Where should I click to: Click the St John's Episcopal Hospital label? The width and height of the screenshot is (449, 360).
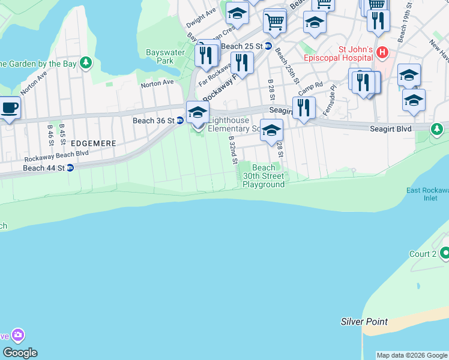pyautogui.click(x=357, y=55)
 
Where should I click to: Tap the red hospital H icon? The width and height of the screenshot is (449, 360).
pyautogui.click(x=382, y=55)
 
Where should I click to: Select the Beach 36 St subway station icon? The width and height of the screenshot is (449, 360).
pyautogui.click(x=179, y=121)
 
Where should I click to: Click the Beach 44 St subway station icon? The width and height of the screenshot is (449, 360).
pyautogui.click(x=70, y=168)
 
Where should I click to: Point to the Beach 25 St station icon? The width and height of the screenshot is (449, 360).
pyautogui.click(x=268, y=46)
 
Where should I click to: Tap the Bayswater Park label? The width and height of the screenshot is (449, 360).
pyautogui.click(x=160, y=56)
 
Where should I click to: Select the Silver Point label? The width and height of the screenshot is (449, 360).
pyautogui.click(x=364, y=322)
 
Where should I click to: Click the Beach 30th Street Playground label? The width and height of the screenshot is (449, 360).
pyautogui.click(x=264, y=176)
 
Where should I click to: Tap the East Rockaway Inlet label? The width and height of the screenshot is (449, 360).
pyautogui.click(x=427, y=194)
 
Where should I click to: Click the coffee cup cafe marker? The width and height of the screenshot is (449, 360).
pyautogui.click(x=9, y=108)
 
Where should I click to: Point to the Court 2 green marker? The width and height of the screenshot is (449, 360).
pyautogui.click(x=445, y=254)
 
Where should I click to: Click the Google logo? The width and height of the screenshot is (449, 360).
pyautogui.click(x=20, y=353)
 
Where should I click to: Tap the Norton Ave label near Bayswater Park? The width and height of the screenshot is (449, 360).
pyautogui.click(x=157, y=83)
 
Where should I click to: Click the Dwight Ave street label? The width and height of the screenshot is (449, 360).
pyautogui.click(x=201, y=18)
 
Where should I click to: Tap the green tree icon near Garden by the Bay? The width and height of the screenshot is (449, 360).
pyautogui.click(x=86, y=62)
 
